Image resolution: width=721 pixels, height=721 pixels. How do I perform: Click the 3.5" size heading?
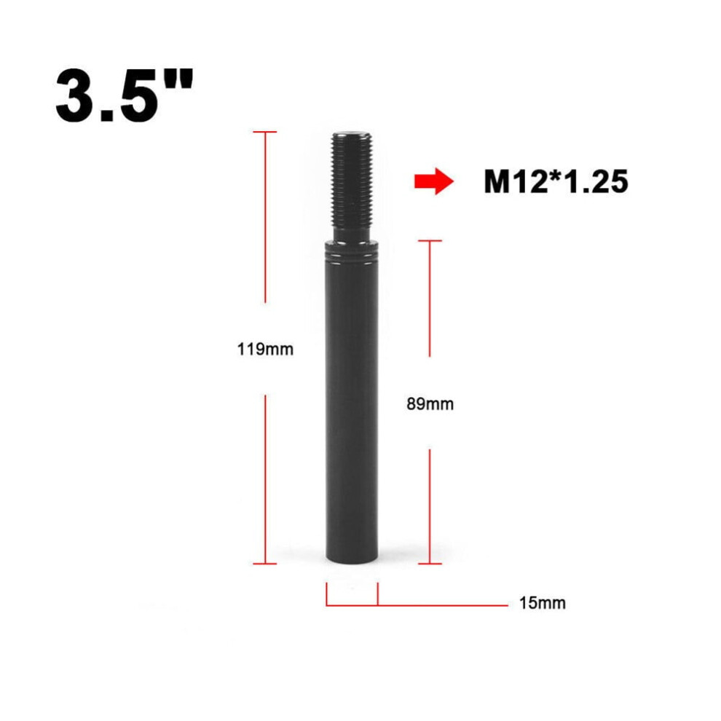(124, 96)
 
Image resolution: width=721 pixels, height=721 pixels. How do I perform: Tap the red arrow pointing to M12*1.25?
(433, 181)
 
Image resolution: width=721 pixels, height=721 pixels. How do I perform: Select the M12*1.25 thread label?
(556, 181)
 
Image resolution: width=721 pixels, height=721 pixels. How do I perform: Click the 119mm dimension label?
(265, 350)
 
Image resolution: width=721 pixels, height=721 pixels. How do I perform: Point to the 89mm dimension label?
(430, 404)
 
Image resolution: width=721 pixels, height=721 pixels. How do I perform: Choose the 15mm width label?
(542, 603)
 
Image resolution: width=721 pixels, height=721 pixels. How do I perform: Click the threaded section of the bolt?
(351, 179)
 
